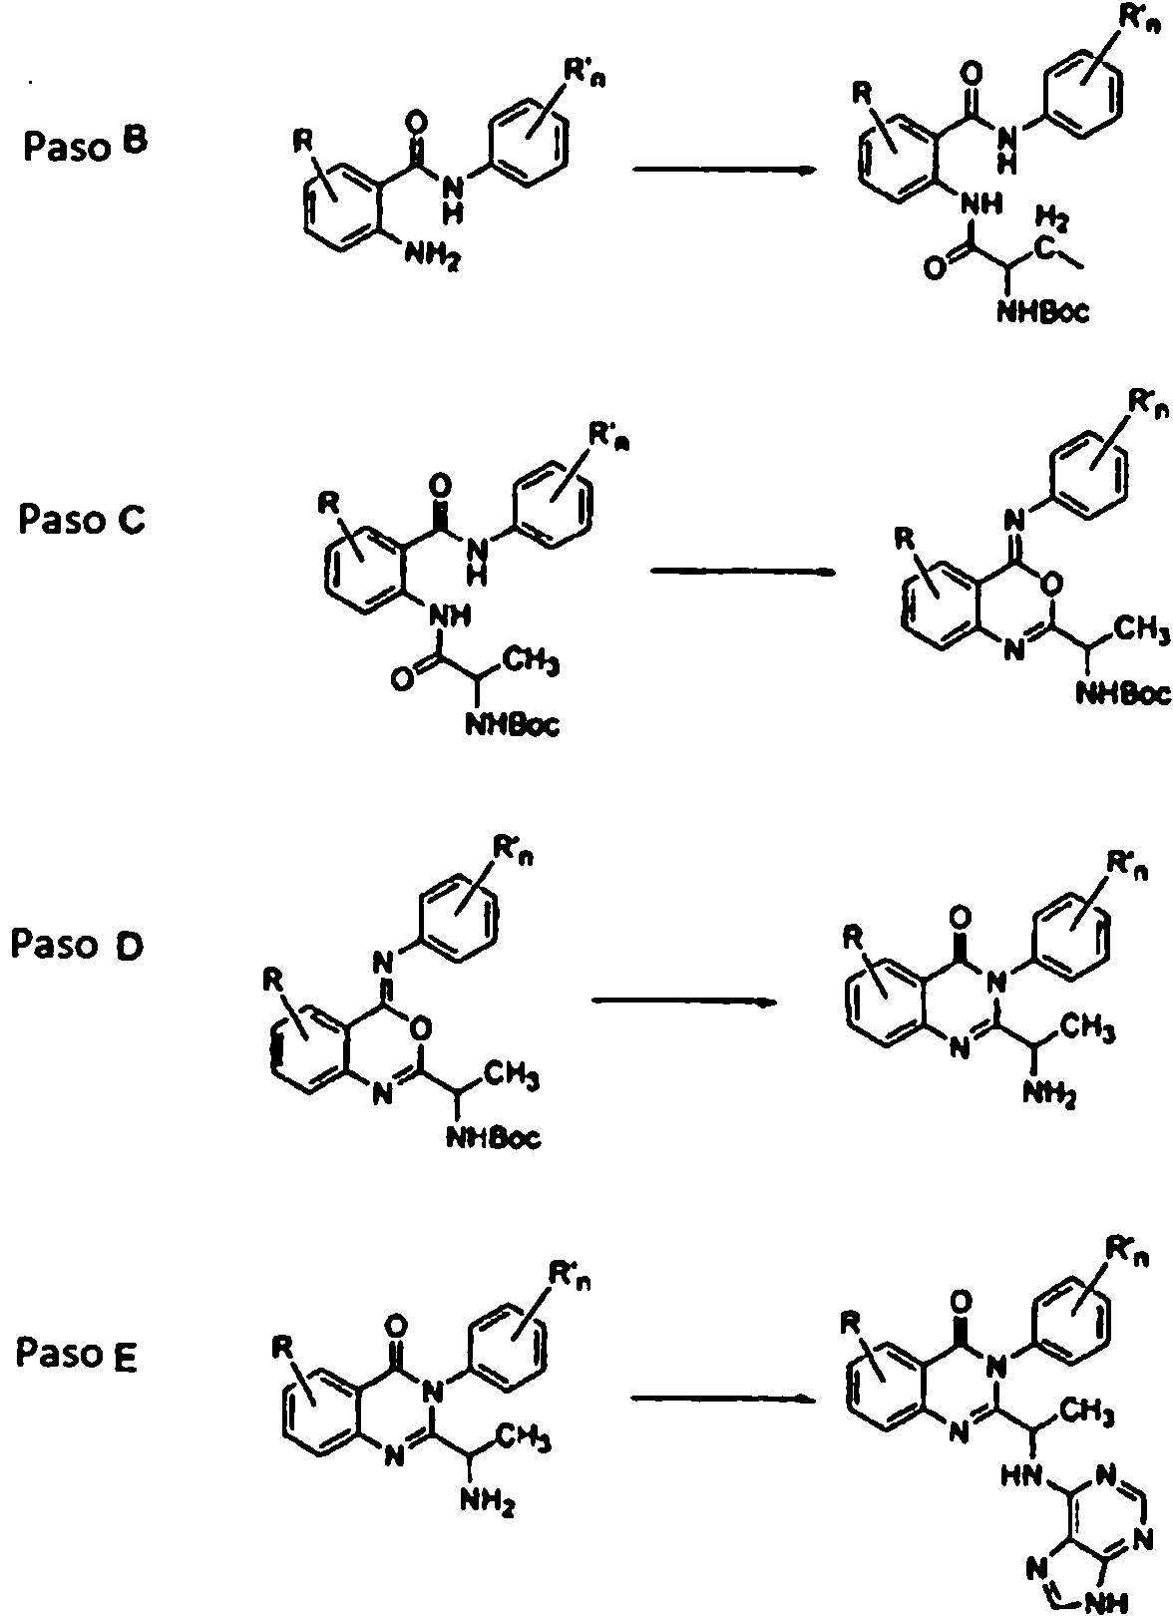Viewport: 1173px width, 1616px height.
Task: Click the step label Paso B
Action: click(85, 145)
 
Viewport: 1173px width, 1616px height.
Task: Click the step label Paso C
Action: click(82, 520)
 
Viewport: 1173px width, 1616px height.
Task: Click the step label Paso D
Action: click(77, 945)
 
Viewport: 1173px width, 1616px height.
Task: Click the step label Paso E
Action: click(76, 1353)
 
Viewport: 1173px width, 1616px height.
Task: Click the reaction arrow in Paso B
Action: click(724, 171)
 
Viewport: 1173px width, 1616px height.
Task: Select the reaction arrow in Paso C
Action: click(743, 572)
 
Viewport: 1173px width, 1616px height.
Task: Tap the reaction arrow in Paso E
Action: click(723, 1399)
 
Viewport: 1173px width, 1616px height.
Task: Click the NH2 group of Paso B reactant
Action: click(432, 254)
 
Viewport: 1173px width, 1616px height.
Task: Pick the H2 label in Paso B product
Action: click(1051, 215)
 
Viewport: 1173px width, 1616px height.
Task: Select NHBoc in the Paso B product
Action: click(1042, 311)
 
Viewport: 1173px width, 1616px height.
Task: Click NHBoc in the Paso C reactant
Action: click(513, 723)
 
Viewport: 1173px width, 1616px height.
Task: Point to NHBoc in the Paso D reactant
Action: click(494, 1138)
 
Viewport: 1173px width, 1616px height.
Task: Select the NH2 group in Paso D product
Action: click(1050, 1095)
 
